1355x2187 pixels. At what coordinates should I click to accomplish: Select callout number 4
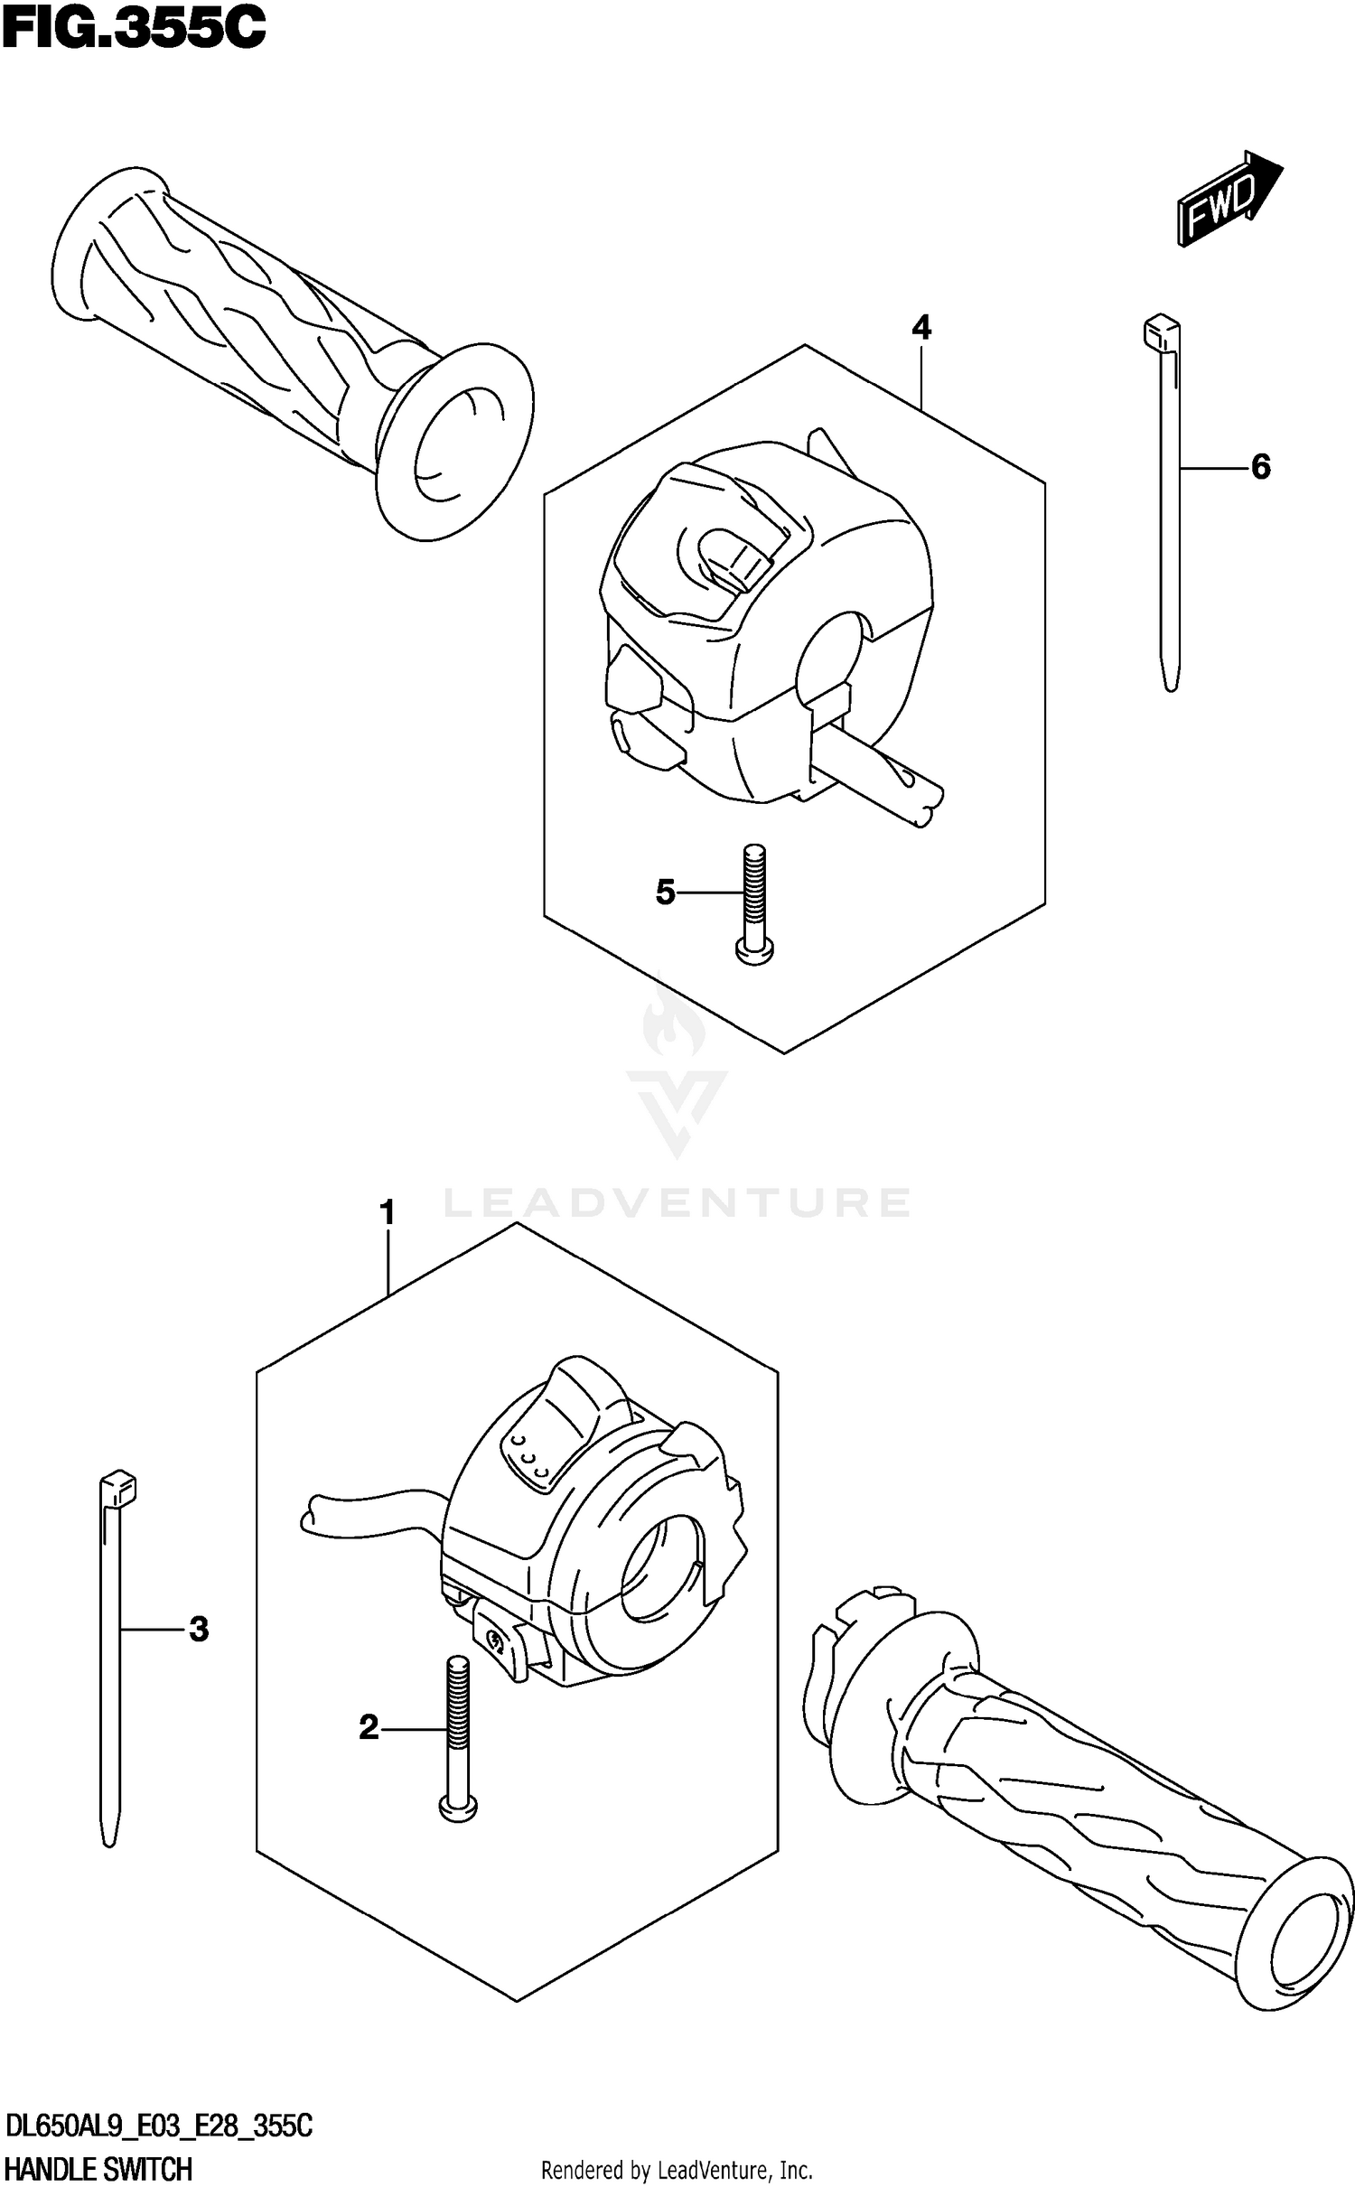pyautogui.click(x=920, y=327)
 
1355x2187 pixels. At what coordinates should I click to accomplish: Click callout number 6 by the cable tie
pyautogui.click(x=1260, y=467)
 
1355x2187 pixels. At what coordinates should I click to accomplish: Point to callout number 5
pyautogui.click(x=665, y=893)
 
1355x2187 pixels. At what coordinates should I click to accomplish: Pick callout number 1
pyautogui.click(x=388, y=1212)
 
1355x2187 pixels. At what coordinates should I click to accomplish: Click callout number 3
pyautogui.click(x=199, y=1629)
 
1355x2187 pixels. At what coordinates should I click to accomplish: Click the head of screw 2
pyautogui.click(x=458, y=1807)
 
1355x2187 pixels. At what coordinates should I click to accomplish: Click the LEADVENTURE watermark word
pyautogui.click(x=677, y=1202)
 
